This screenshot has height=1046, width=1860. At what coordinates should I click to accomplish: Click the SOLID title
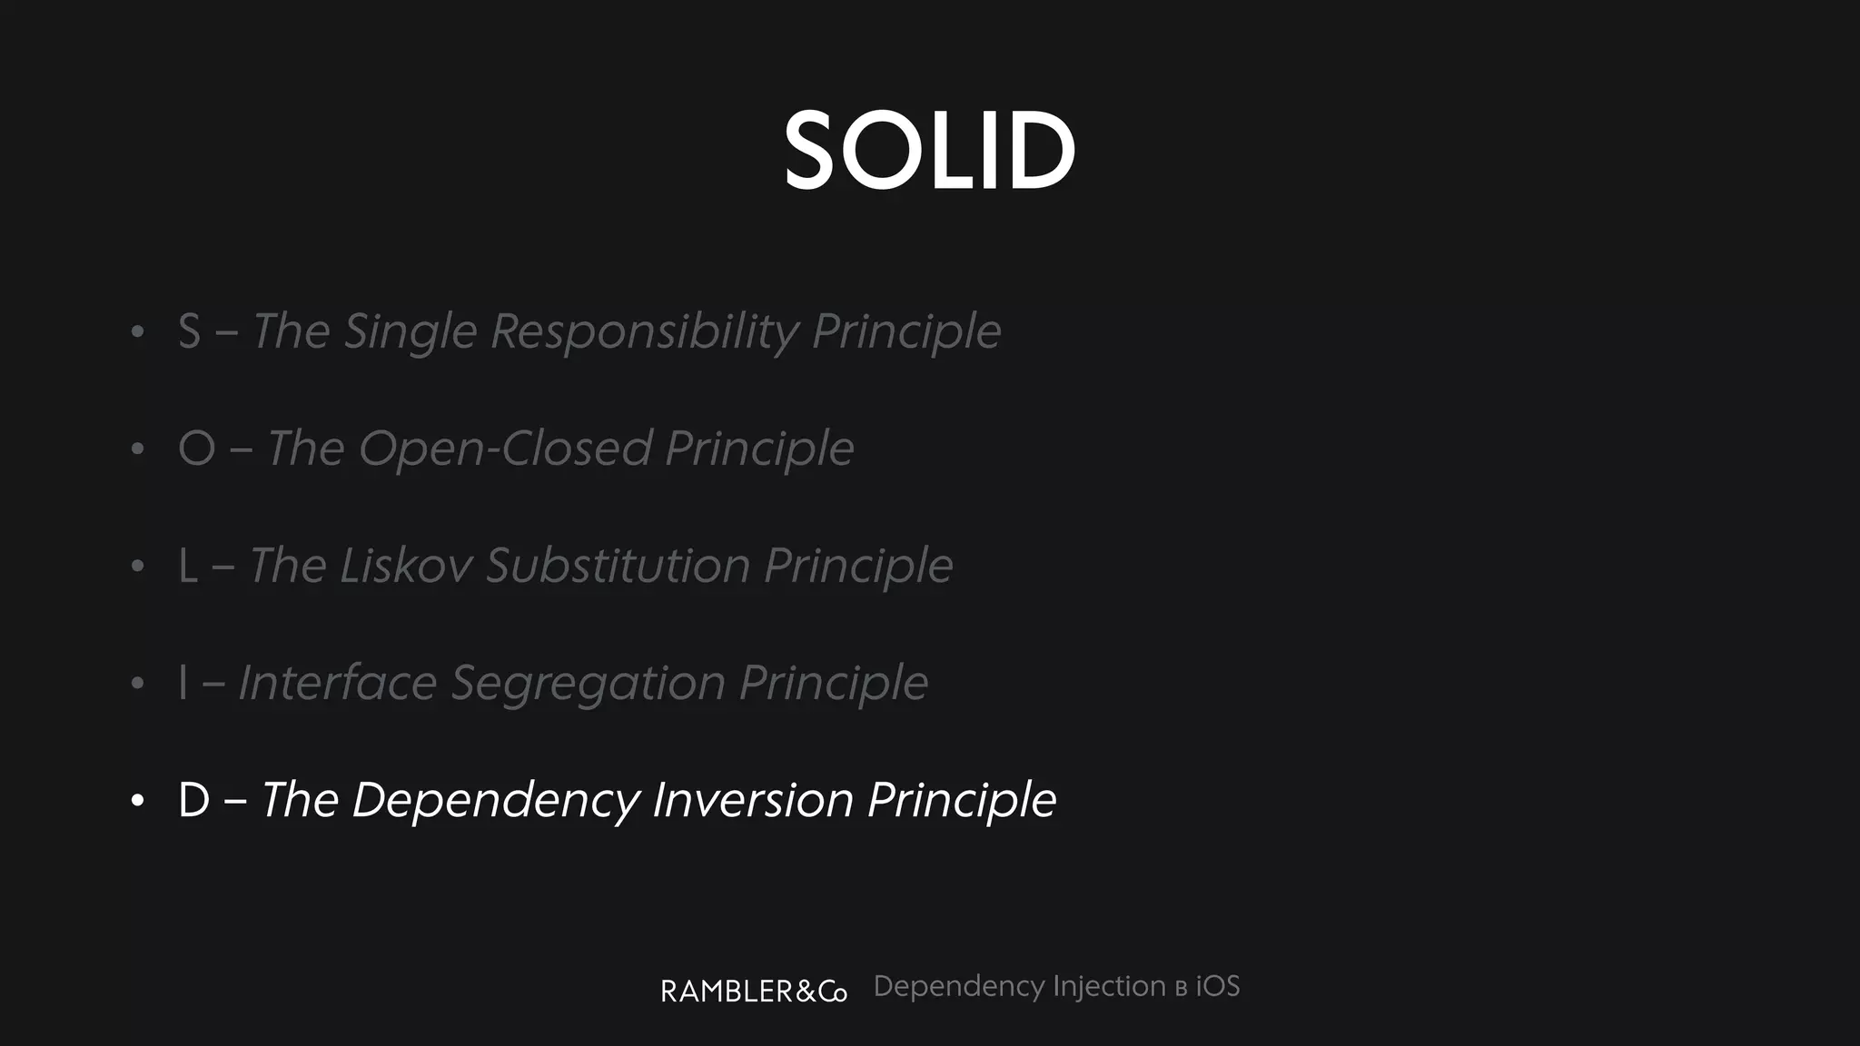(x=929, y=151)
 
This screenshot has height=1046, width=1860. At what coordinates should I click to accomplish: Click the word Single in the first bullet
(x=411, y=331)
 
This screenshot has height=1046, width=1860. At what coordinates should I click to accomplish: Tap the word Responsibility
(x=644, y=331)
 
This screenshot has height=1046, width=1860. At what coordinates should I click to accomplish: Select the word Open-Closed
(x=505, y=449)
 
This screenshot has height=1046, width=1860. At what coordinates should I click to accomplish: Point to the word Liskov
(x=406, y=566)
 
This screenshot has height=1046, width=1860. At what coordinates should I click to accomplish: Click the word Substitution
(x=618, y=566)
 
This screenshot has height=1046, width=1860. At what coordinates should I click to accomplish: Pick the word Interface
(x=337, y=683)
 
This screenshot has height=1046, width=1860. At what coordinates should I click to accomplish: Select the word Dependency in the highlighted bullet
(x=496, y=801)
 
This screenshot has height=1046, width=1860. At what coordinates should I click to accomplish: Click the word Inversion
(x=753, y=800)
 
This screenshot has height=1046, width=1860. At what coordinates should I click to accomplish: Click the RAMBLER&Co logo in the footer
(x=754, y=991)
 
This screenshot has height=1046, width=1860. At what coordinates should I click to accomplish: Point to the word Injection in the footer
(x=1109, y=987)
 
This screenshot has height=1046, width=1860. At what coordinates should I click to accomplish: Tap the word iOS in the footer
(x=1217, y=986)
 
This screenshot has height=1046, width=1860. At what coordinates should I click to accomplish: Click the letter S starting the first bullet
(x=189, y=331)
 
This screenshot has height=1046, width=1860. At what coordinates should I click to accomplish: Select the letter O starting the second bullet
(x=197, y=449)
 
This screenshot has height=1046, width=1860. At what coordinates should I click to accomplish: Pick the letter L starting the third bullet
(x=188, y=566)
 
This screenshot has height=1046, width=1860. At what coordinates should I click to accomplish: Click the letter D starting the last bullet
(x=194, y=800)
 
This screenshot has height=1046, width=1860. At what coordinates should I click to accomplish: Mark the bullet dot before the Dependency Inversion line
(x=137, y=801)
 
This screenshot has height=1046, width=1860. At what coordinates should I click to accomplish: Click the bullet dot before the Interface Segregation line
(x=137, y=684)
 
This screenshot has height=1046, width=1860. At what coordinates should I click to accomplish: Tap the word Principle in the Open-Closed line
(x=759, y=449)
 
